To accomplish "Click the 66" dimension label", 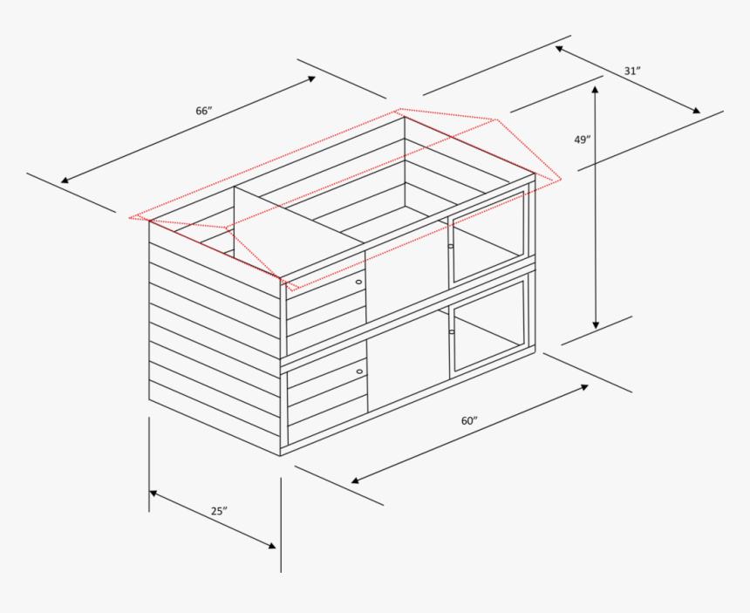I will (x=204, y=111).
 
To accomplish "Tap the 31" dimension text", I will (x=632, y=71).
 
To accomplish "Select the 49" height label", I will (x=583, y=139).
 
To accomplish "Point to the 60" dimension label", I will (x=469, y=420).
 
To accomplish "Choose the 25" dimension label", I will (x=219, y=511).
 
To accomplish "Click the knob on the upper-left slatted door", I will (x=358, y=283).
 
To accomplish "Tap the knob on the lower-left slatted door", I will (x=358, y=371).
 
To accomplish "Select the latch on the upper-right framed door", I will (x=451, y=246).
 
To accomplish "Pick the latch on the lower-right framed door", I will (x=451, y=332).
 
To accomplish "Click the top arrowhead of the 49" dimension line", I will (x=597, y=89).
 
